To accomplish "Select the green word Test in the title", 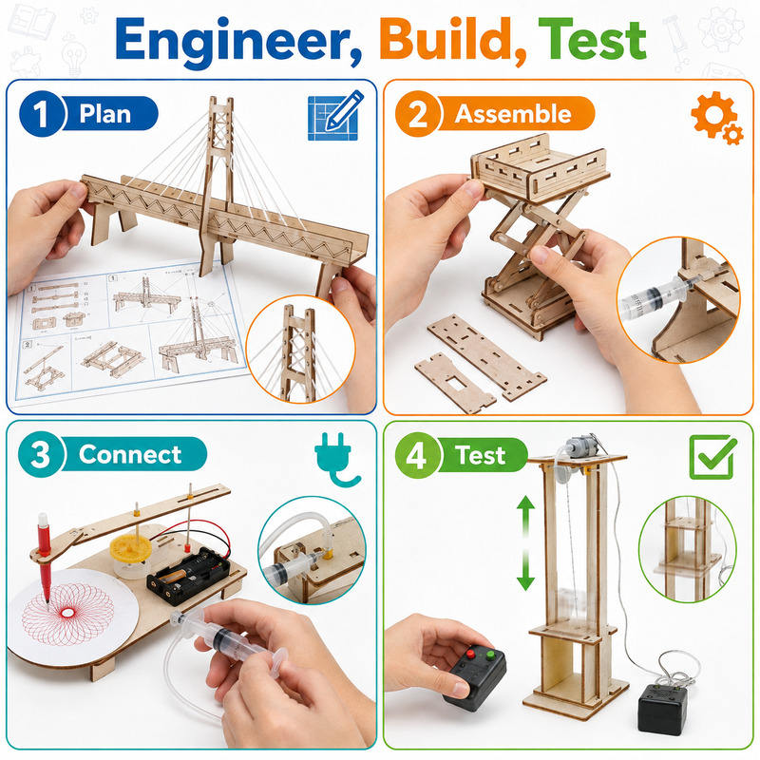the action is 592,39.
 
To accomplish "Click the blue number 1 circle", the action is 42,114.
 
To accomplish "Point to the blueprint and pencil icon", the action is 335,115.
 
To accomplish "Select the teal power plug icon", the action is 335,459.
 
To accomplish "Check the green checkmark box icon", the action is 712,457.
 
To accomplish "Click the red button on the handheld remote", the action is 469,655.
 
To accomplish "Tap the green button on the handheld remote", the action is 490,656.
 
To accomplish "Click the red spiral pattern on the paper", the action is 67,613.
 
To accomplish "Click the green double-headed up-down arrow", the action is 525,542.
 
